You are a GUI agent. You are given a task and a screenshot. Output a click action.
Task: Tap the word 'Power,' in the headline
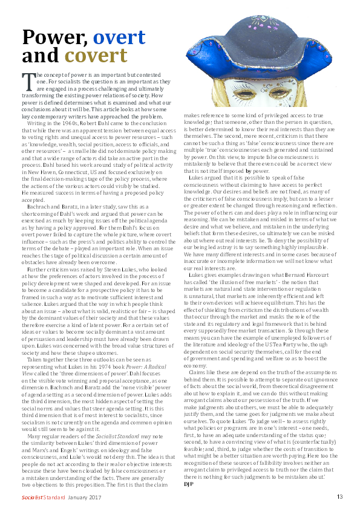[55, 37]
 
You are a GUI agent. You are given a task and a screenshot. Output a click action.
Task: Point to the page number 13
[340, 497]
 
